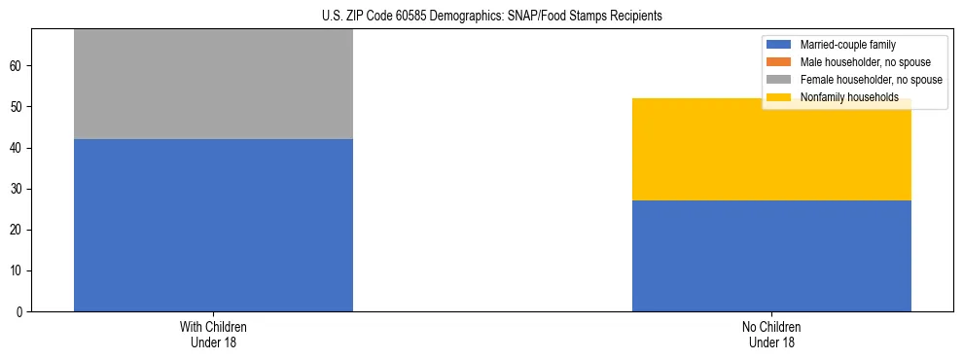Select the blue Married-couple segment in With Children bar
213,225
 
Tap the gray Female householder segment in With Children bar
213,84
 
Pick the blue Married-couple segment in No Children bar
771,256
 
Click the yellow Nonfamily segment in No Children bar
771,150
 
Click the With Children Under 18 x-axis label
213,334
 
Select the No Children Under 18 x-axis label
771,334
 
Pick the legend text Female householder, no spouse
871,80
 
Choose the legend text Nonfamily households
848,97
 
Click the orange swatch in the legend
779,62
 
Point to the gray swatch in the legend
779,80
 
